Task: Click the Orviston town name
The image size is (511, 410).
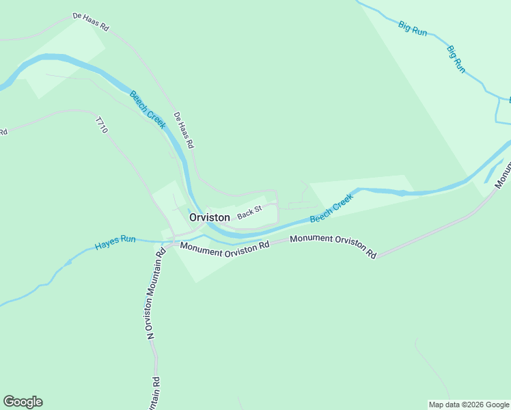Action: (x=209, y=217)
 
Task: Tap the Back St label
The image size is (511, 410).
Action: (x=249, y=213)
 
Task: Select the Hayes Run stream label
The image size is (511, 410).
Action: (x=115, y=241)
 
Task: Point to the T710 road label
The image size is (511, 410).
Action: (x=102, y=125)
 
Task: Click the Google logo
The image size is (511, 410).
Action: (x=23, y=402)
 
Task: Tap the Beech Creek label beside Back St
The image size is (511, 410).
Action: (x=331, y=208)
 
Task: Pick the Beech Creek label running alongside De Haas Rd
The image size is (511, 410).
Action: (x=148, y=109)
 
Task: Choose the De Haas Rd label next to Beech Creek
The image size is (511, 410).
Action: (x=184, y=131)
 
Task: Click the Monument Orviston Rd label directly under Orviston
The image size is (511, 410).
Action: (x=225, y=249)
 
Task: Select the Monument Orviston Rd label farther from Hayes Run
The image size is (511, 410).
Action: (x=333, y=246)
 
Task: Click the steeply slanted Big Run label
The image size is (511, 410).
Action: (x=456, y=59)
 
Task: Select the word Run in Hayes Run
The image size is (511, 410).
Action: (x=128, y=240)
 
